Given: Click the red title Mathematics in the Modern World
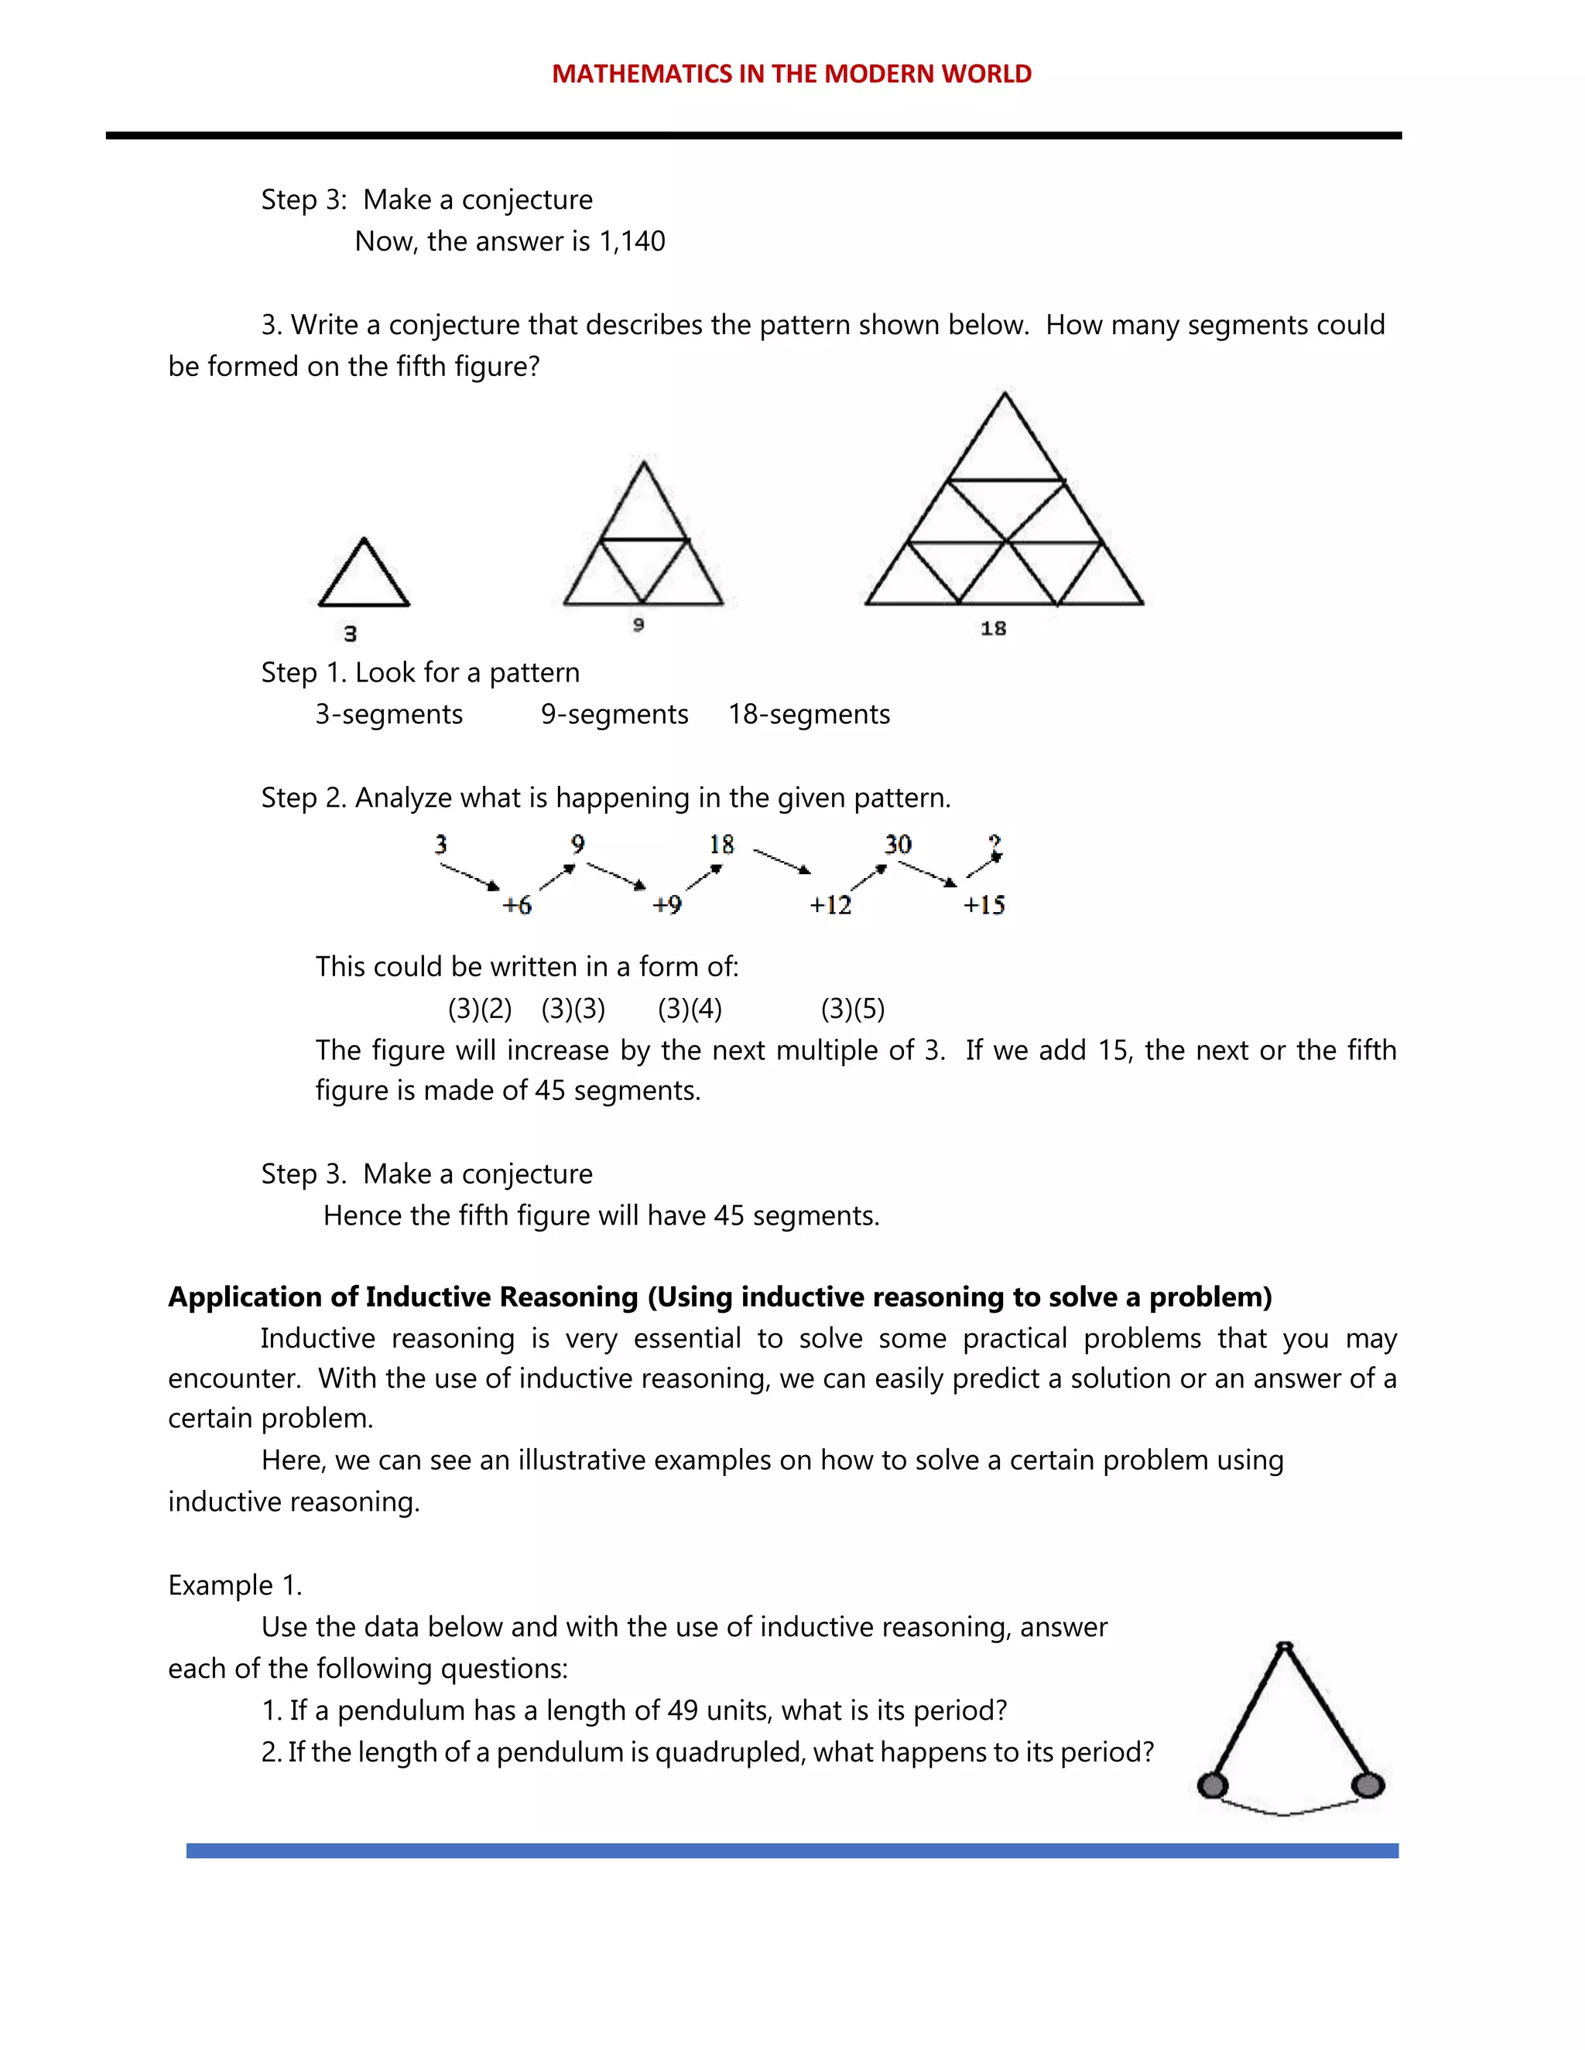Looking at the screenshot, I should coord(792,74).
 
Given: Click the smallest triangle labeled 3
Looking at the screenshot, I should coord(364,575).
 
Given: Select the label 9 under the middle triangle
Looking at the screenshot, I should coord(638,625).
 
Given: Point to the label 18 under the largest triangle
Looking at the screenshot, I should coord(994,629).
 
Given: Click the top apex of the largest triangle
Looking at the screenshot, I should coord(1005,395).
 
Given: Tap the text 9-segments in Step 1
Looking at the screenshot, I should coord(614,714).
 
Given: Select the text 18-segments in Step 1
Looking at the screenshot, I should coord(809,714).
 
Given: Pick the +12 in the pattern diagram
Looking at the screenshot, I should coord(830,906).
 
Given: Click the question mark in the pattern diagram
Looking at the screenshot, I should coord(995,845).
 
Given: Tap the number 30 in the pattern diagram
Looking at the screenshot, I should coord(898,845).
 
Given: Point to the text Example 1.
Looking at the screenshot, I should coord(234,1585).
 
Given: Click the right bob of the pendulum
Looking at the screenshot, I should coord(1368,1785).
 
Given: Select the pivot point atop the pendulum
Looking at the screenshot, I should coord(1285,1646).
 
